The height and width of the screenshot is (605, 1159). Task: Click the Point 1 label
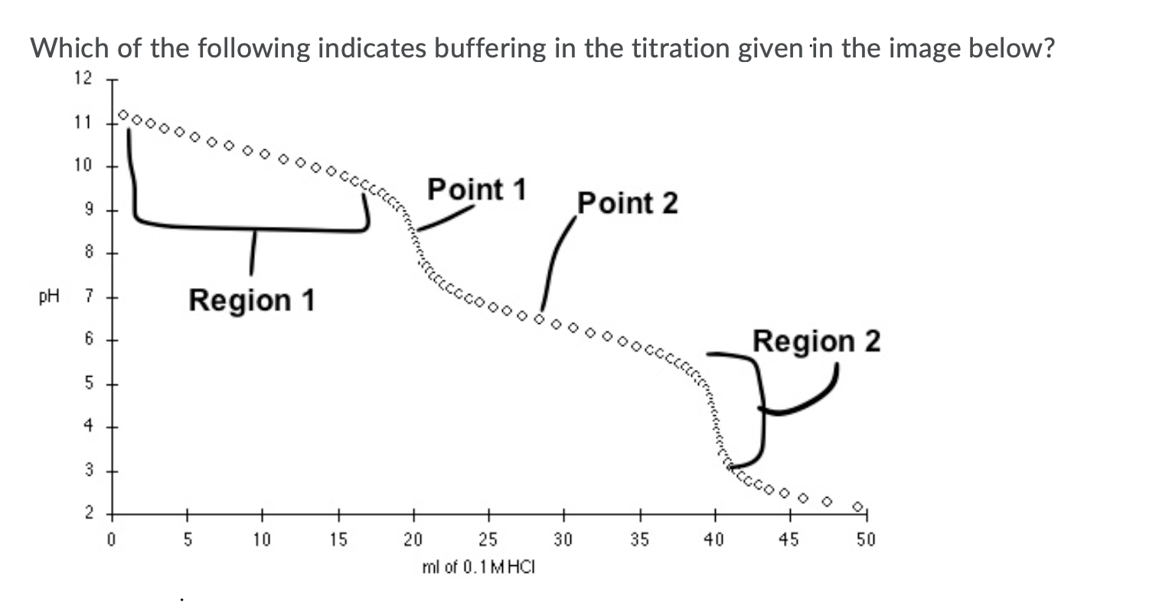click(x=477, y=188)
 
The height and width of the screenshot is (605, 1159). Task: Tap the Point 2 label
click(x=628, y=204)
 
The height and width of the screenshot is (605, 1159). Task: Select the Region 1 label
click(x=252, y=300)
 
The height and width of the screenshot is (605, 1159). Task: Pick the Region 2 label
click(x=816, y=341)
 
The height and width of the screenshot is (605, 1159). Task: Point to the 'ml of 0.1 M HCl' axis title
click(x=478, y=567)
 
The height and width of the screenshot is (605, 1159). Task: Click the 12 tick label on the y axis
click(x=83, y=78)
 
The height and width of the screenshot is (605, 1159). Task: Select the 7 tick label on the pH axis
click(x=88, y=297)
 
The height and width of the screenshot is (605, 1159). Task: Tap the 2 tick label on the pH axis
click(x=88, y=512)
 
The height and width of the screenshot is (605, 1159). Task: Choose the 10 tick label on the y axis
click(x=83, y=165)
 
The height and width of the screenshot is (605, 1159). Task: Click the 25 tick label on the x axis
click(x=488, y=540)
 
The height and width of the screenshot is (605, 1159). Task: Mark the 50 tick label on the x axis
click(x=865, y=540)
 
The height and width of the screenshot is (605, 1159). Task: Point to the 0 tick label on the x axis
click(x=111, y=540)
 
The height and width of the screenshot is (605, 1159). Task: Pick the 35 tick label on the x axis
click(x=639, y=540)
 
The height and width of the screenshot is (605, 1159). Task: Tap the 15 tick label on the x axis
click(x=338, y=540)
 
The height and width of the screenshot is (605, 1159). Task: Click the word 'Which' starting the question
click(x=67, y=50)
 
